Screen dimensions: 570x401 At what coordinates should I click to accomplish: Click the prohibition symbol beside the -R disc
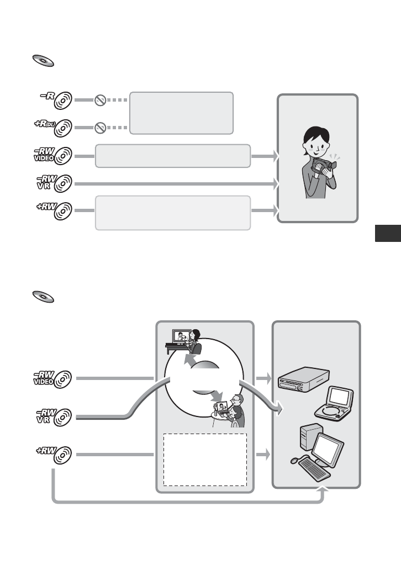[x=99, y=101]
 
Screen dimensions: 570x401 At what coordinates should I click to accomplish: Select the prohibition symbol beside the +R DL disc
[x=99, y=128]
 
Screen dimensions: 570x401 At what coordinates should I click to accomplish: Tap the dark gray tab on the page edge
[x=387, y=233]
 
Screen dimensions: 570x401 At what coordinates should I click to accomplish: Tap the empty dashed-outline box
[x=205, y=459]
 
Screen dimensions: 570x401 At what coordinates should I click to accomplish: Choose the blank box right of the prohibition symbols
[x=181, y=113]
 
